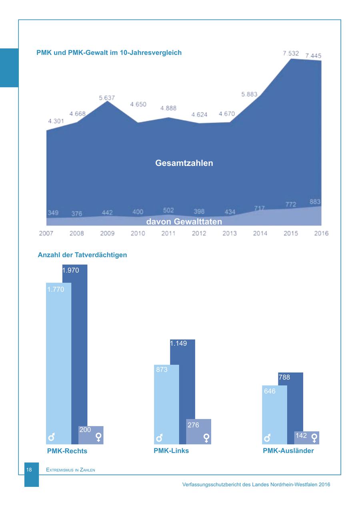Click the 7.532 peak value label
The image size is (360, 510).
pos(291,53)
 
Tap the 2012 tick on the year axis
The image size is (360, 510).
pos(199,233)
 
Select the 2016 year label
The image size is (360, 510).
pos(321,233)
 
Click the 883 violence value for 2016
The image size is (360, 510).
pos(315,202)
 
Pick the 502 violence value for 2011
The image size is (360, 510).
pos(168,210)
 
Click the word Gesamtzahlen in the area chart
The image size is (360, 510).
pos(184,163)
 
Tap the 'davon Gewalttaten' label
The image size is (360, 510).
pos(184,221)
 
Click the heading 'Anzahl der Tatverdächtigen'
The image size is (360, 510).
pos(82,255)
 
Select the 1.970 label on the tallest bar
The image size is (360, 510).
pos(71,270)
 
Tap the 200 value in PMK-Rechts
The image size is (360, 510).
pos(85,430)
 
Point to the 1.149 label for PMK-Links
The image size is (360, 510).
pos(178,343)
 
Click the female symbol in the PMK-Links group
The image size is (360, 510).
pos(206,438)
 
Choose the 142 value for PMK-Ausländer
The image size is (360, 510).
pos(301,436)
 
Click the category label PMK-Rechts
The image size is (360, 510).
pos(67,451)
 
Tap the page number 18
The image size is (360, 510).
pos(29,470)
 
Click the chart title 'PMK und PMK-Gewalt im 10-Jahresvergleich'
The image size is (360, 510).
pos(109,52)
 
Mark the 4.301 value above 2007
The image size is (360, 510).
pos(55,121)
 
